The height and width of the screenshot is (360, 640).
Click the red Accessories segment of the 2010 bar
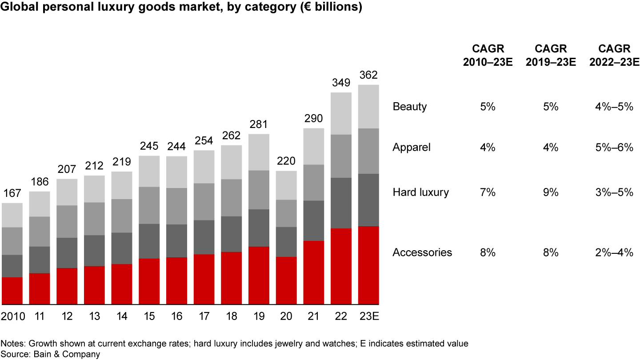coord(12,291)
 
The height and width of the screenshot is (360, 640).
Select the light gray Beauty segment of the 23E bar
coord(368,106)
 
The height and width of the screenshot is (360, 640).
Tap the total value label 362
coord(368,75)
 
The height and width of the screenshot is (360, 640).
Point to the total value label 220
coord(286,161)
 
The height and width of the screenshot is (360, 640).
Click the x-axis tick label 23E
coord(368,316)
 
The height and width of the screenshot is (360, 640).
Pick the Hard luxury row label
coord(420,192)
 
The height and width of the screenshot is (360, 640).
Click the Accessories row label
coord(422,252)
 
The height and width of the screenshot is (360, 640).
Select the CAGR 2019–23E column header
coord(551,55)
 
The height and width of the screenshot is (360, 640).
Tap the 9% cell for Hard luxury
coord(551,192)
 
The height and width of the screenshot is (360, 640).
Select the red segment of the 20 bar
coord(286,280)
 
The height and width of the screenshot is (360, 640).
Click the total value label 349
coord(341,83)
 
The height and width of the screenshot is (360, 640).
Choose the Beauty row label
coord(409,107)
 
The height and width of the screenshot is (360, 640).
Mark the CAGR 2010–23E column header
coord(488,55)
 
